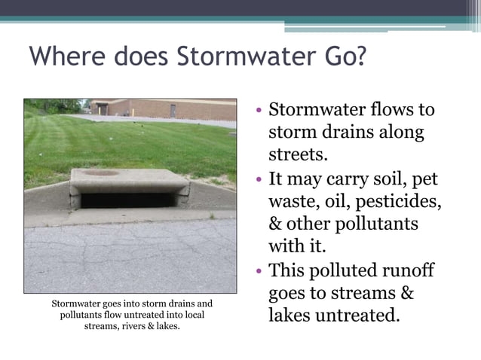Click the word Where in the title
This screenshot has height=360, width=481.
[x=63, y=56]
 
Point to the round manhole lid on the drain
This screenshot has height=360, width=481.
[x=101, y=172]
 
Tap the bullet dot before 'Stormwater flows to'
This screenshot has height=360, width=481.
[x=259, y=110]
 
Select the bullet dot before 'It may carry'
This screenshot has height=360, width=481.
[x=259, y=181]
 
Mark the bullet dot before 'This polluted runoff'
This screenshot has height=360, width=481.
[x=259, y=270]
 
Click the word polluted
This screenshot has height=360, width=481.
[x=346, y=270]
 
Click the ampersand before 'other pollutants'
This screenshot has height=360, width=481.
[x=276, y=224]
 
